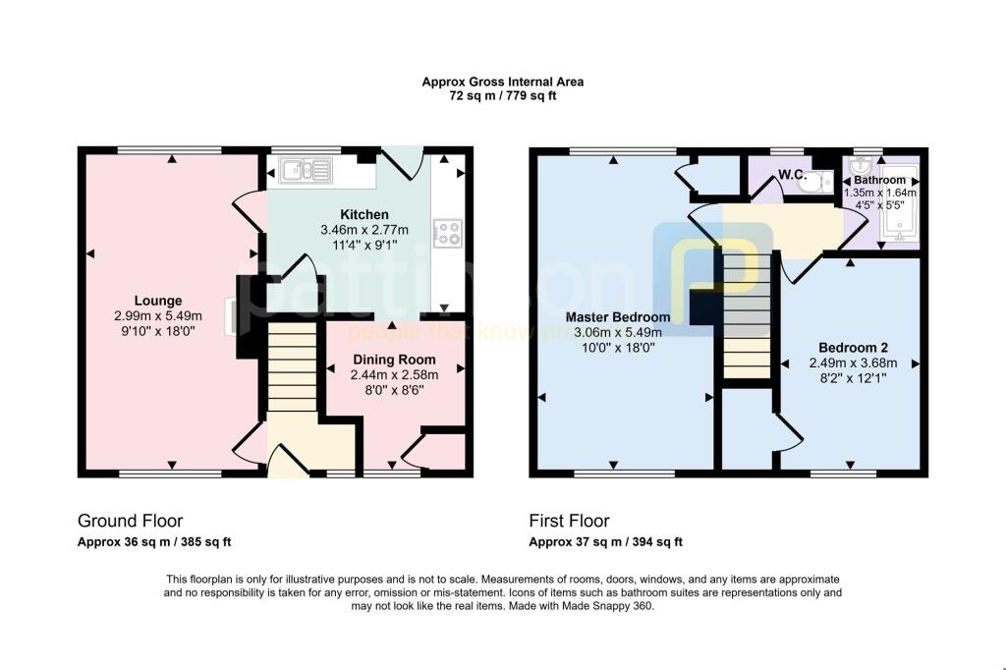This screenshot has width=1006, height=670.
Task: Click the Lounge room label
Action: pyautogui.click(x=158, y=301)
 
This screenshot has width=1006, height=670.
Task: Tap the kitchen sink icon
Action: pyautogui.click(x=306, y=171)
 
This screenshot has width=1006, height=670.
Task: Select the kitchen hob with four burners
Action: pyautogui.click(x=449, y=234)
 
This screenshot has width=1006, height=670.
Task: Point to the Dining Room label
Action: pyautogui.click(x=394, y=360)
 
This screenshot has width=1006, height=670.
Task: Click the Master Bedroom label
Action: pyautogui.click(x=618, y=317)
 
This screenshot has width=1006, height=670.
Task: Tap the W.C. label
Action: pyautogui.click(x=792, y=176)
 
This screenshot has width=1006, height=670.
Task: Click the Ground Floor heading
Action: pyautogui.click(x=130, y=521)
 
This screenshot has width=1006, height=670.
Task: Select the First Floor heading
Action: pyautogui.click(x=569, y=521)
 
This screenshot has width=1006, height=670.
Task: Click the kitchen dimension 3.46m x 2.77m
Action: pyautogui.click(x=363, y=230)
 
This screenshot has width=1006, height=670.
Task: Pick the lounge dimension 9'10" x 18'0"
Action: pyautogui.click(x=158, y=331)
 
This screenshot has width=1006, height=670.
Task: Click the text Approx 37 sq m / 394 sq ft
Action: pyautogui.click(x=605, y=542)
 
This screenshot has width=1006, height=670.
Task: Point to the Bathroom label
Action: pyautogui.click(x=879, y=181)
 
